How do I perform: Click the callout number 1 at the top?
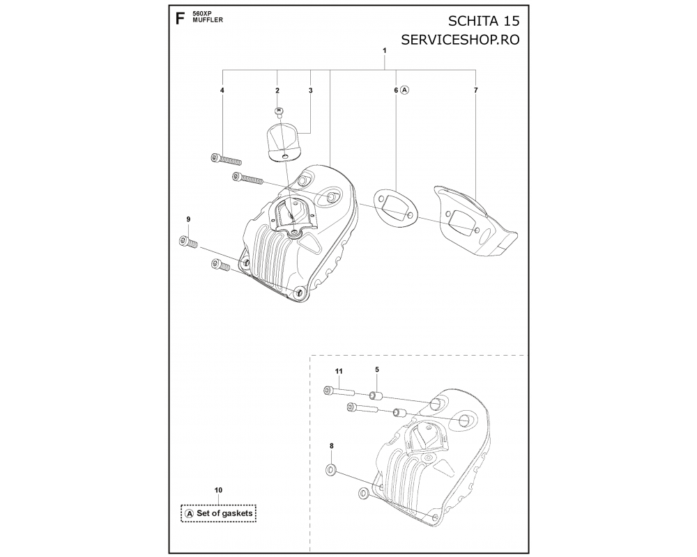[x=385, y=51]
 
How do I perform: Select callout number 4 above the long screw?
[x=222, y=91]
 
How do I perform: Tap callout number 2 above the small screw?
[x=277, y=91]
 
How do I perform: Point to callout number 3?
[x=311, y=91]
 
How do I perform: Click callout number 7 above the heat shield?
[x=476, y=91]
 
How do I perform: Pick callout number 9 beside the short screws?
[x=188, y=219]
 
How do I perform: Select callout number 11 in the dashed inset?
[x=339, y=371]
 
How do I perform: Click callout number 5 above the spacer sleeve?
[x=377, y=369]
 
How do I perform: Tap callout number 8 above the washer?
[x=331, y=446]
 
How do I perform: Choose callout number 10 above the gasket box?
[x=218, y=490]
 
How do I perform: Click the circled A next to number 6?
[x=404, y=91]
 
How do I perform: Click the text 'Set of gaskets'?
[x=224, y=513]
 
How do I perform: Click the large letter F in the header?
[x=180, y=19]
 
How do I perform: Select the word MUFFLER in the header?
[x=208, y=20]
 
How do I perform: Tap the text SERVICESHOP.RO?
[x=460, y=40]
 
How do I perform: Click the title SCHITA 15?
[x=484, y=21]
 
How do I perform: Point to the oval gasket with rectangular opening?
[x=395, y=205]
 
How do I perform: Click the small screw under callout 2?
[x=279, y=111]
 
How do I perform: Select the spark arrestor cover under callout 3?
[x=284, y=142]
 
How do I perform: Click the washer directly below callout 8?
[x=331, y=469]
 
